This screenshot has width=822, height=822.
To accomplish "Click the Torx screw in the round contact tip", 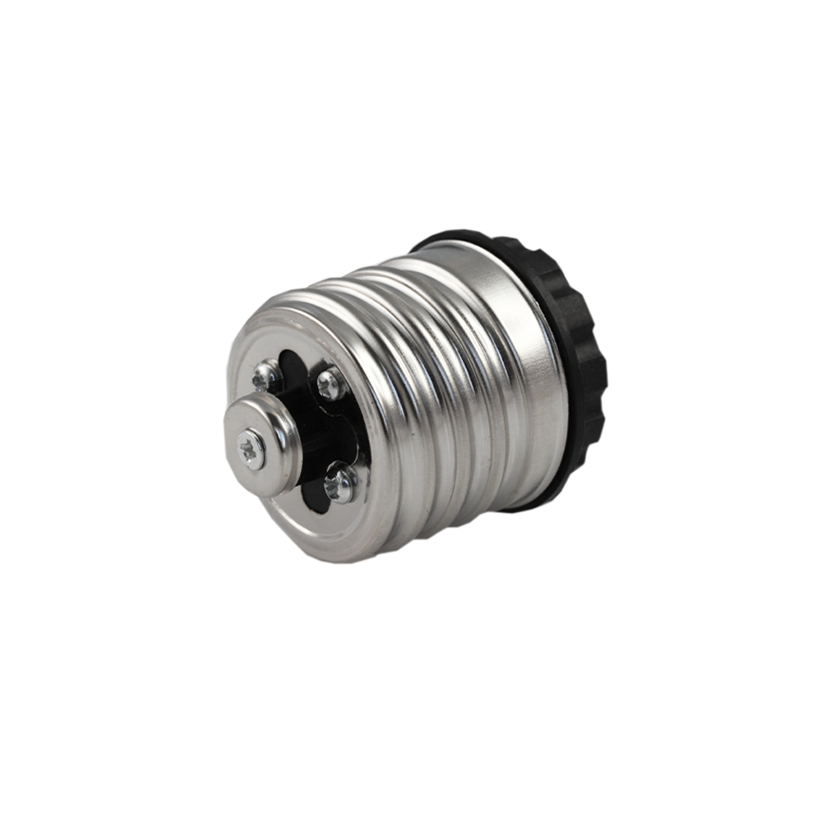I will click(252, 448).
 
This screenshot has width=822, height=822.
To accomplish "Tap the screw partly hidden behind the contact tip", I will click(265, 377).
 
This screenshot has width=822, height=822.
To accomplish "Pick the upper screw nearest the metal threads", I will click(330, 381).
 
